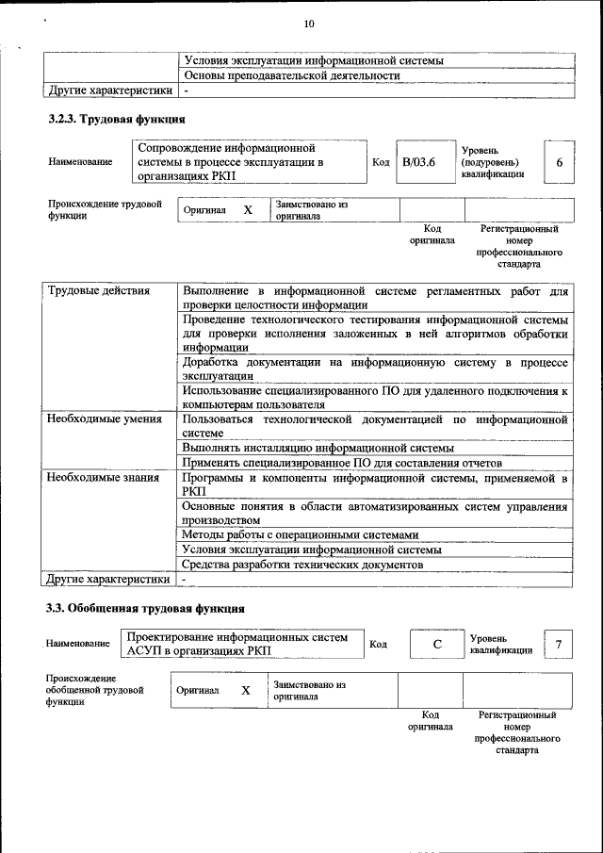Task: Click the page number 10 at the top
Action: tap(309, 24)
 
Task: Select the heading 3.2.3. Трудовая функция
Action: tap(117, 120)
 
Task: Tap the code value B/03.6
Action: tap(418, 162)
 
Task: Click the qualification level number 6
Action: tap(559, 162)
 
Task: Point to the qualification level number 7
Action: tap(559, 644)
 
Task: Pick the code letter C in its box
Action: tap(437, 644)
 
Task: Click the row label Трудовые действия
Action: tap(99, 290)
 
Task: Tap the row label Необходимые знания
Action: tap(103, 478)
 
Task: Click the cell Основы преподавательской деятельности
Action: tap(291, 75)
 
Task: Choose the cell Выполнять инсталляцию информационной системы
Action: tap(318, 448)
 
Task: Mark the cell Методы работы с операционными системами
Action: tap(300, 534)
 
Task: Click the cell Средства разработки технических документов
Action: tap(302, 564)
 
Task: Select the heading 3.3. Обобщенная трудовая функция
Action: tap(146, 608)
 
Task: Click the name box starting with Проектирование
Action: tap(243, 643)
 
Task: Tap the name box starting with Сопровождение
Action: tap(249, 162)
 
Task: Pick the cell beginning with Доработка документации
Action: tap(375, 368)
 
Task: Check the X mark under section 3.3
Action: tap(246, 690)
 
